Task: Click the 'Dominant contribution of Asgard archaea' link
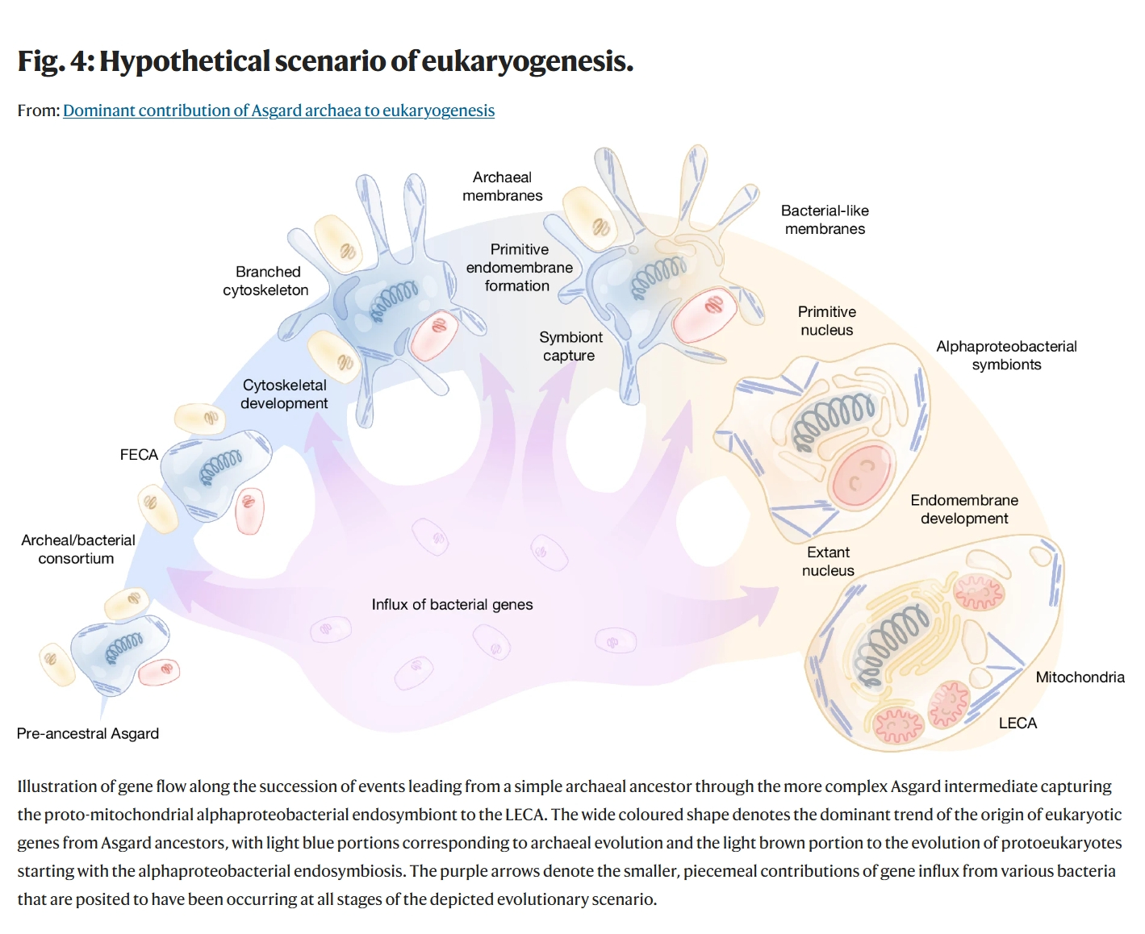(278, 110)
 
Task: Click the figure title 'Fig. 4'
(325, 61)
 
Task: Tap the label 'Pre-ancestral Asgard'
(88, 733)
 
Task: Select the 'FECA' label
(139, 455)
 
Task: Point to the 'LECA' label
(1018, 723)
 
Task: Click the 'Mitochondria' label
(1080, 677)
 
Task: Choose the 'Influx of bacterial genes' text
(452, 604)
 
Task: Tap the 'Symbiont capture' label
(570, 346)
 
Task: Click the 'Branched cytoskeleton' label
(266, 281)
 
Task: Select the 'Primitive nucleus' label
(826, 320)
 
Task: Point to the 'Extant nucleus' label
(828, 561)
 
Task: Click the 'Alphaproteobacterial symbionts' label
(1006, 355)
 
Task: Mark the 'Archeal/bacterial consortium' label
(77, 549)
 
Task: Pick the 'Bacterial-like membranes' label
(825, 219)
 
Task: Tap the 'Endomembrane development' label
(964, 509)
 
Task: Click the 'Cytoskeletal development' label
(284, 394)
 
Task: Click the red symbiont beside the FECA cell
(249, 510)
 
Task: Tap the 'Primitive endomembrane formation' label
(519, 268)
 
